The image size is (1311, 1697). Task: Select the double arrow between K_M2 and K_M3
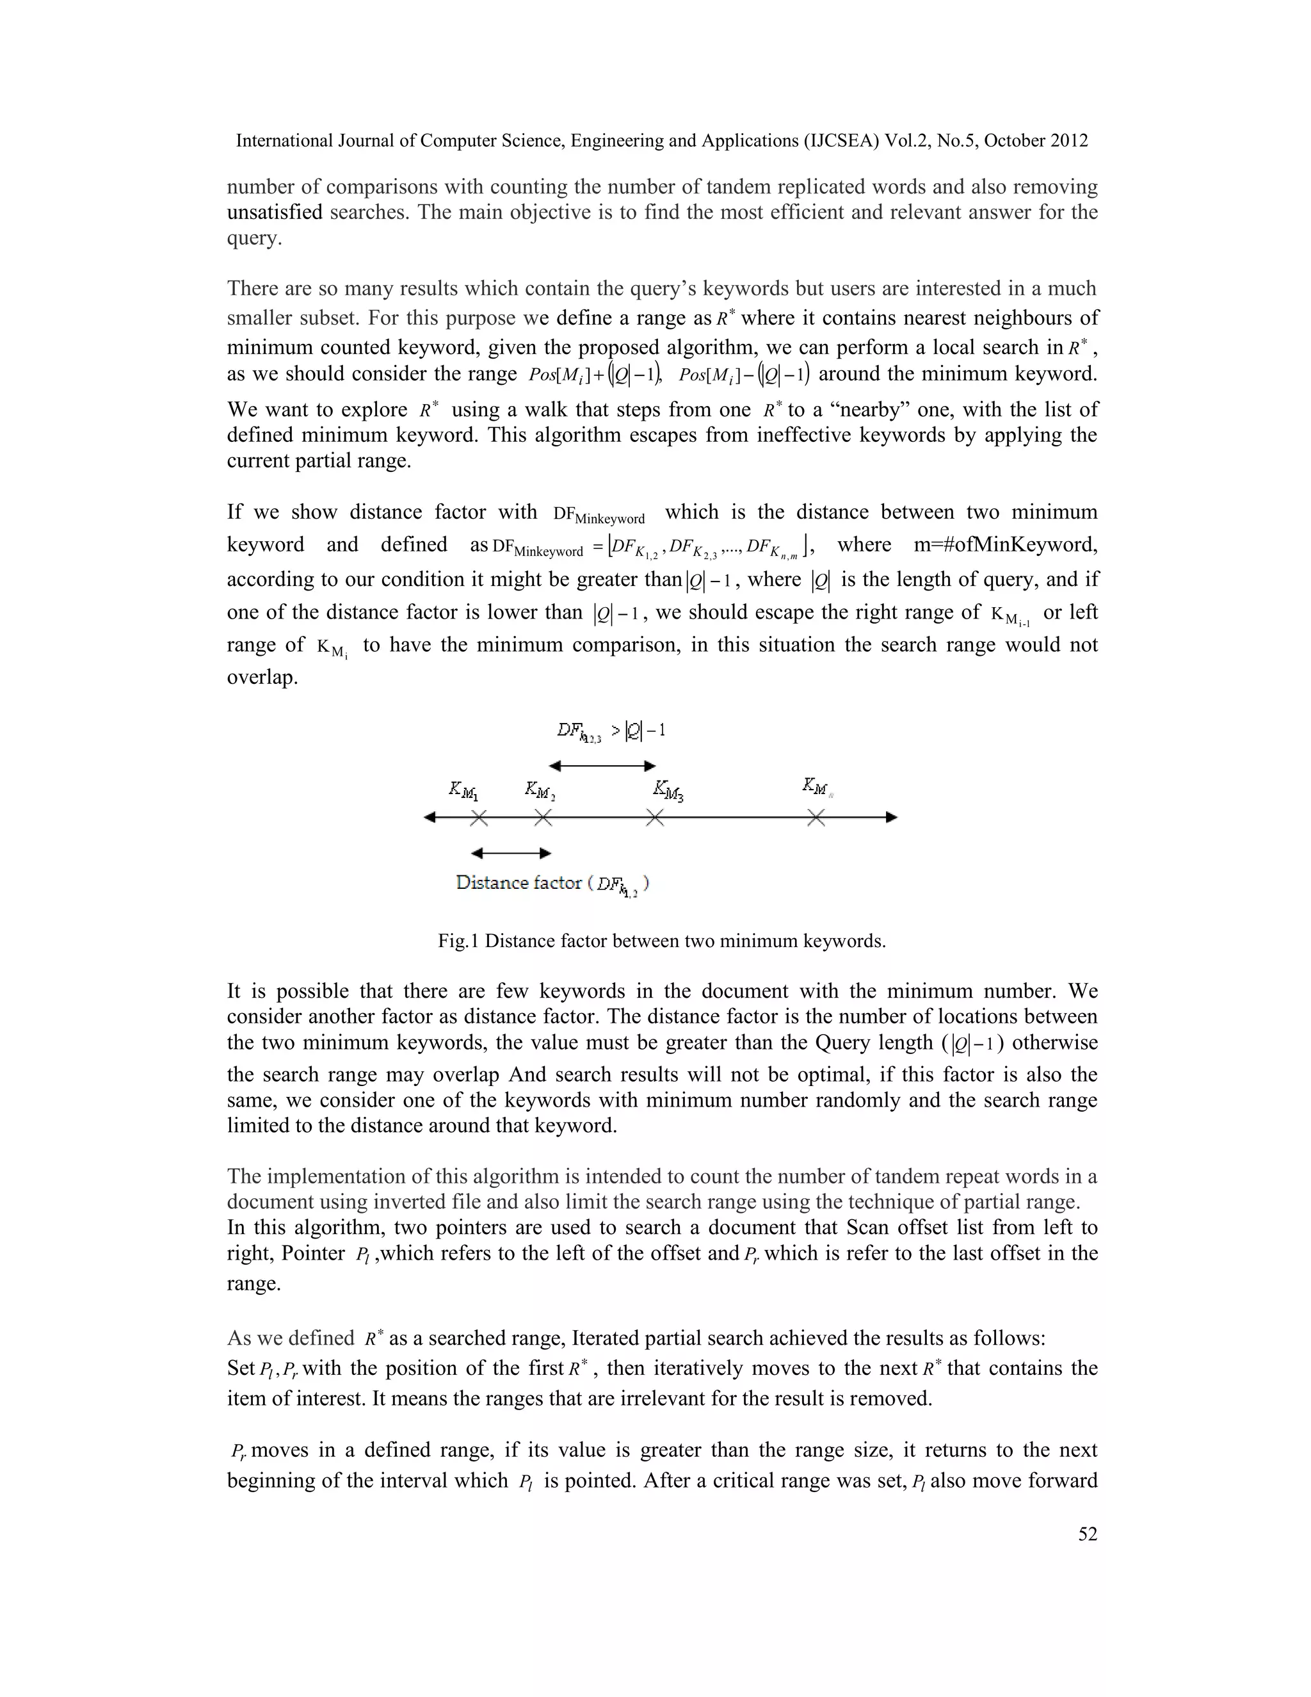tap(602, 766)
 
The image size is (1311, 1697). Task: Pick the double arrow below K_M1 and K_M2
tap(511, 853)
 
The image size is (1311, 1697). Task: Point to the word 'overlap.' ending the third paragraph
tap(262, 678)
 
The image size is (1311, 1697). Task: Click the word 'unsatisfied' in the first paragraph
tap(274, 212)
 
